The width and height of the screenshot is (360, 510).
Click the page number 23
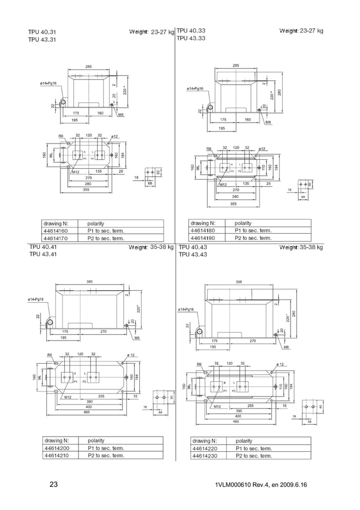click(x=54, y=485)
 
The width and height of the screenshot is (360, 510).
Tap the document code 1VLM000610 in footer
click(x=238, y=486)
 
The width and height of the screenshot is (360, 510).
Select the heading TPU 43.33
click(x=191, y=38)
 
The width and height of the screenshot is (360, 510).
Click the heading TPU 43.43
click(x=192, y=255)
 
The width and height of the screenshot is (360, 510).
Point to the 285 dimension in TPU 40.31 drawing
click(x=89, y=67)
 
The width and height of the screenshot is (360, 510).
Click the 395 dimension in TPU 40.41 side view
click(x=89, y=281)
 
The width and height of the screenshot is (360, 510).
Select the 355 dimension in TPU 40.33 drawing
click(x=233, y=204)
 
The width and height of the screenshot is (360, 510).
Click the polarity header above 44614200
click(x=96, y=441)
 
